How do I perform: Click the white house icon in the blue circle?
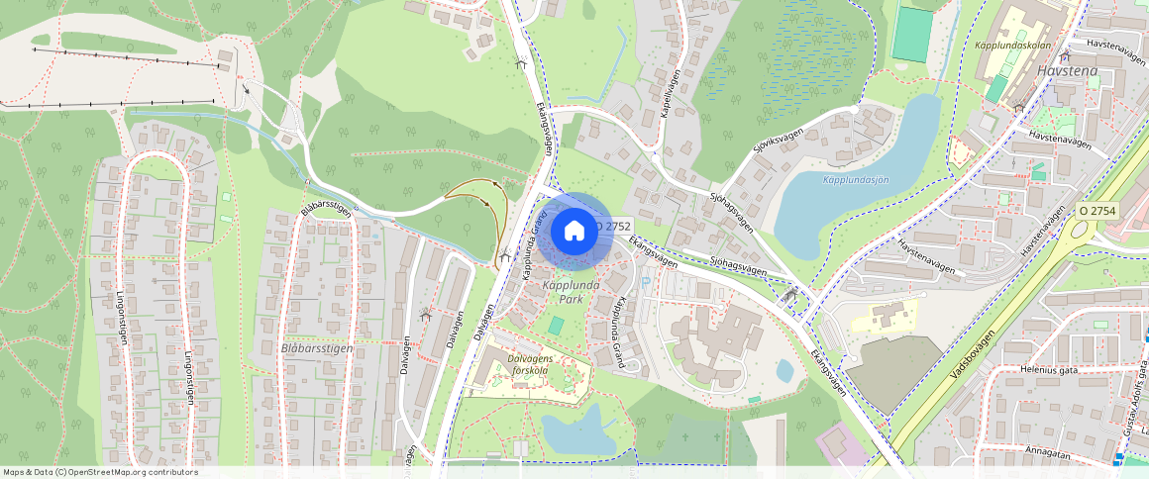tap(574, 231)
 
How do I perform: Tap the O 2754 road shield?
tap(1097, 211)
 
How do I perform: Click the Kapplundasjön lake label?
tap(855, 179)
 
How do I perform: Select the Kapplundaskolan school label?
tap(1011, 46)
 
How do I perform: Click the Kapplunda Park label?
tap(571, 291)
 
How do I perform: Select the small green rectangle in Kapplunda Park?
tap(556, 325)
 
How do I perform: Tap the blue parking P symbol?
tap(647, 282)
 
